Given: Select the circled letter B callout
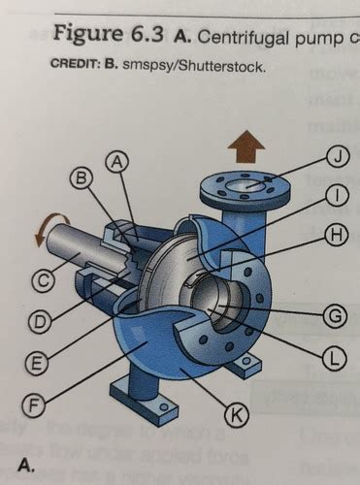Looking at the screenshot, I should pos(82,178).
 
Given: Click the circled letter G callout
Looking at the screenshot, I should pos(335,315).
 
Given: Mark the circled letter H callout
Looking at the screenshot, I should pos(336,235).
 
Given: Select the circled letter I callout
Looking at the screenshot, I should pos(336,195).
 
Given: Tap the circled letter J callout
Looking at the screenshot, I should pos(336,155).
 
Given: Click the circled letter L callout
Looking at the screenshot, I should pos(335,357).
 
